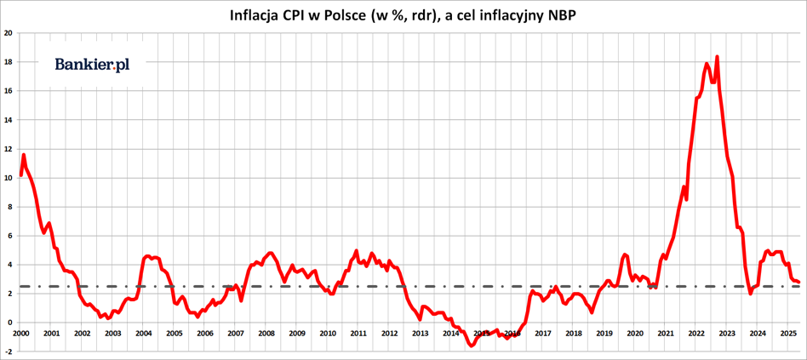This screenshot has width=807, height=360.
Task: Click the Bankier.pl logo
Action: (x=92, y=65)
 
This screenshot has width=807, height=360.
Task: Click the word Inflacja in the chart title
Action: (x=258, y=14)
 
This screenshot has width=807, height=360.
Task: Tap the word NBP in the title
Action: (x=560, y=14)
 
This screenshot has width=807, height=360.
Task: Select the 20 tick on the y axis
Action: (x=9, y=33)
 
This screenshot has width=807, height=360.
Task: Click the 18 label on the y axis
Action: (x=9, y=62)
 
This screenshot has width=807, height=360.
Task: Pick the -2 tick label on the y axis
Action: (x=9, y=351)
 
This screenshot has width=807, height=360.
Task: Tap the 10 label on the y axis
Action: (x=9, y=178)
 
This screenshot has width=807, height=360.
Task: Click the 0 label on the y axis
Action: (x=10, y=323)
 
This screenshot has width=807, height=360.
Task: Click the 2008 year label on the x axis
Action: (x=266, y=334)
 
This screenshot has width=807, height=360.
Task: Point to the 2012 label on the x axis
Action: (x=389, y=334)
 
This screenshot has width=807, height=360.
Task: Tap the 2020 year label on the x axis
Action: (x=635, y=334)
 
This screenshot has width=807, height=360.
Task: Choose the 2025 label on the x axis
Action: (x=788, y=334)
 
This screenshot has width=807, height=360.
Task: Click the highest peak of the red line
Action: (x=717, y=57)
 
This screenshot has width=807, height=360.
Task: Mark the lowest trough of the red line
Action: (x=472, y=346)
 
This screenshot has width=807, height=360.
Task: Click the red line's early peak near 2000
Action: (x=24, y=155)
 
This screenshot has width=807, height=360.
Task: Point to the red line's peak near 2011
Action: (x=356, y=251)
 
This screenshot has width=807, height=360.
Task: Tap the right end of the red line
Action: (x=798, y=282)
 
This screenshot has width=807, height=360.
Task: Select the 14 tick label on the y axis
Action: (x=9, y=120)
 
